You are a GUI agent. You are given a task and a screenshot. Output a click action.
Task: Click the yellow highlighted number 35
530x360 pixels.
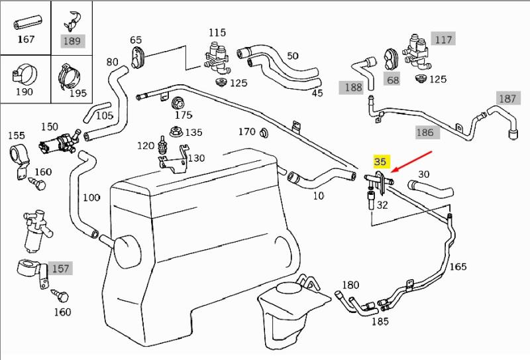point(380,161)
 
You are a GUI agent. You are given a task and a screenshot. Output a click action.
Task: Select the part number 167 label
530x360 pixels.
point(26,40)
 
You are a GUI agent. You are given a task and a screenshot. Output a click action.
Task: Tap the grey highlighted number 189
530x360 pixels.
point(72,41)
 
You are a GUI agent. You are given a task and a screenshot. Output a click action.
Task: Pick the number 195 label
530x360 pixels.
point(78,93)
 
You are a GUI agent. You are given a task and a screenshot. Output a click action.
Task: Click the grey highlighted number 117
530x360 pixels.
point(443,39)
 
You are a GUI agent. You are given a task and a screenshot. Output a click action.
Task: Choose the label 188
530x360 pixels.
point(352,87)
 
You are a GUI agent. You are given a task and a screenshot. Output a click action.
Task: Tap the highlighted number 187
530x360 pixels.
point(507,98)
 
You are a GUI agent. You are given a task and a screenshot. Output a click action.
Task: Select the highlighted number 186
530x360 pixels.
point(425,132)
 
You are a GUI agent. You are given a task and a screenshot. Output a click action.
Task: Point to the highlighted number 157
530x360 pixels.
point(60,269)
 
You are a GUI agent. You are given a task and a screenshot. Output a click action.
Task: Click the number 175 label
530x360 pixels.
point(184,115)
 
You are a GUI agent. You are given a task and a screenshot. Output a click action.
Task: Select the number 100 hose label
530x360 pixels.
point(91,198)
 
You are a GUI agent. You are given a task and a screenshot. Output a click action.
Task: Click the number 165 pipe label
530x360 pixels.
point(458,267)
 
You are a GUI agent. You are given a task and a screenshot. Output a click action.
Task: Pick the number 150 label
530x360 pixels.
point(50,126)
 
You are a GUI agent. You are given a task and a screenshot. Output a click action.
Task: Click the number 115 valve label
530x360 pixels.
point(217,32)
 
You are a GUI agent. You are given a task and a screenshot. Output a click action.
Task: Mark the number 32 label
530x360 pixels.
point(382,205)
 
